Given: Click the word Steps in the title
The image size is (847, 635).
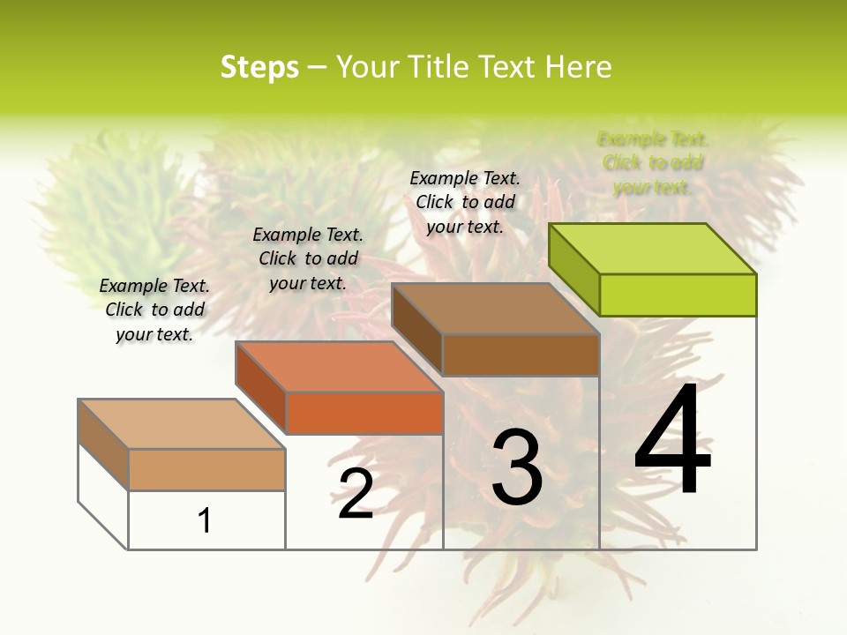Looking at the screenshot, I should click(x=259, y=67).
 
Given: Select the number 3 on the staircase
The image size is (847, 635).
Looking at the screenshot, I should click(x=517, y=467).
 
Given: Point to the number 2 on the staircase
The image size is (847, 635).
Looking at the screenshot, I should click(x=356, y=494).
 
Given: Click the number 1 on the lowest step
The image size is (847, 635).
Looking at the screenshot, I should click(x=205, y=520).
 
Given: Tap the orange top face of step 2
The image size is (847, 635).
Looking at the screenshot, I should click(x=339, y=367).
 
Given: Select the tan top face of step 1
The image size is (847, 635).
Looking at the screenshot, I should click(x=182, y=424).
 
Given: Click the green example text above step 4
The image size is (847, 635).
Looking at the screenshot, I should click(x=653, y=163).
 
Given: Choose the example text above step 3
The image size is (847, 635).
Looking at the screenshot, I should click(x=466, y=202).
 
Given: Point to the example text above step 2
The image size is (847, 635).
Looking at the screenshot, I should click(x=308, y=258).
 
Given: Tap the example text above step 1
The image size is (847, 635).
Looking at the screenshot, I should click(x=154, y=310).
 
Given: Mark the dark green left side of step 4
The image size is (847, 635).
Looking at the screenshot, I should click(x=573, y=269).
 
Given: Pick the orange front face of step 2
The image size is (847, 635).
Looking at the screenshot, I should click(x=364, y=413).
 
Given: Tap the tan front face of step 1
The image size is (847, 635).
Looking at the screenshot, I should click(x=206, y=469).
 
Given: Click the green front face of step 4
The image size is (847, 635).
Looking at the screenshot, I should click(x=678, y=295).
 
